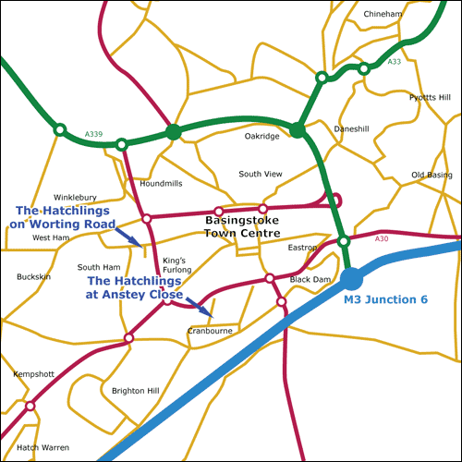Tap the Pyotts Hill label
click(430, 97)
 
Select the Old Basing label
click(432, 175)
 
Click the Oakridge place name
click(261, 136)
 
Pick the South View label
click(260, 174)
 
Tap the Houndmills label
click(161, 183)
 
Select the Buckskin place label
click(34, 276)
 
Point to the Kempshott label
click(34, 374)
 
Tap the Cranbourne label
click(209, 330)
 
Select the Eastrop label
click(302, 248)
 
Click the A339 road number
click(93, 135)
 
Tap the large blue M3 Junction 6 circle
click(352, 278)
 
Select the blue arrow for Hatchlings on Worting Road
click(130, 238)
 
